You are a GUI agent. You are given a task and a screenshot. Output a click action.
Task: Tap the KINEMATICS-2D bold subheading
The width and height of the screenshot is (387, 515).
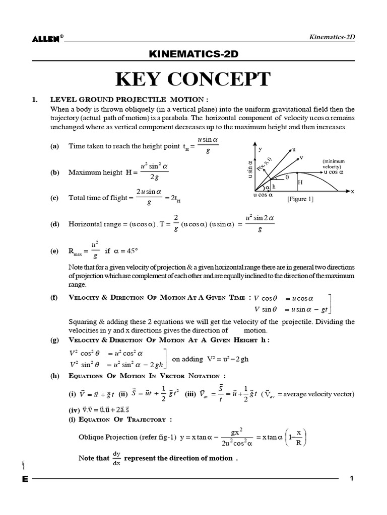pyautogui.click(x=193, y=54)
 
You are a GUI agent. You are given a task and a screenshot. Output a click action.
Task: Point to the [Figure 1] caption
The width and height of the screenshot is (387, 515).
pyautogui.click(x=300, y=199)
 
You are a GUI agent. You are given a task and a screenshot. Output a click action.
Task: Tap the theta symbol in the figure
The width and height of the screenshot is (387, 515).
pyautogui.click(x=287, y=177)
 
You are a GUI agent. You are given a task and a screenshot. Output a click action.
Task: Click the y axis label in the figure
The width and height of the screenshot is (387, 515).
pyautogui.click(x=261, y=149)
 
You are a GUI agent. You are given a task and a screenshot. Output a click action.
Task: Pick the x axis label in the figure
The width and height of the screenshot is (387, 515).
pyautogui.click(x=352, y=192)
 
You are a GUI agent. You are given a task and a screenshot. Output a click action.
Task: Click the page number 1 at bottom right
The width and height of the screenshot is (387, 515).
pyautogui.click(x=352, y=478)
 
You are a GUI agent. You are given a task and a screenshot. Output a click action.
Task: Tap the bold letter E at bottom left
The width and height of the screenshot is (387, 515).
pyautogui.click(x=25, y=479)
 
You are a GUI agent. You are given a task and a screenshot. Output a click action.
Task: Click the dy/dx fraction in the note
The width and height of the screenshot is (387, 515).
pyautogui.click(x=117, y=458)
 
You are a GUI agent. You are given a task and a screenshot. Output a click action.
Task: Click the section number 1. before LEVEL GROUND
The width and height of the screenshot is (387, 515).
pyautogui.click(x=34, y=100)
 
